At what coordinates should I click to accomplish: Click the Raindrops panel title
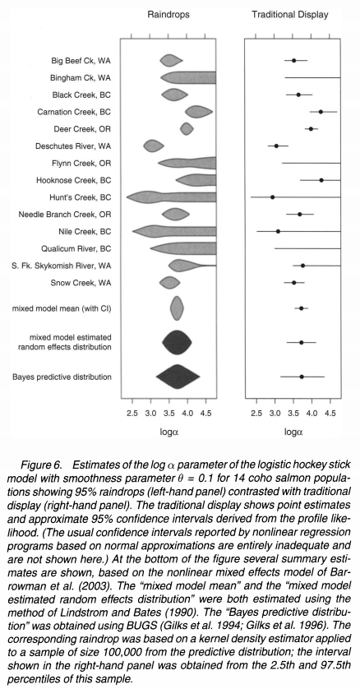coord(168,15)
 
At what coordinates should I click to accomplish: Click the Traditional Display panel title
coord(290,15)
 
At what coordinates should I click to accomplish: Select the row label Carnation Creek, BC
coord(74,112)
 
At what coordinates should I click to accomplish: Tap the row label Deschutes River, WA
coord(73,146)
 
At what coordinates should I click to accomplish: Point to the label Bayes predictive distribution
coord(62,377)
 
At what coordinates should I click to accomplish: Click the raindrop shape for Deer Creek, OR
coord(187,129)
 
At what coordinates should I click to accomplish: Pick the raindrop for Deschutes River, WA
coord(154,146)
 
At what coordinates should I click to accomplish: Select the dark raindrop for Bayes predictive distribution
coord(178,377)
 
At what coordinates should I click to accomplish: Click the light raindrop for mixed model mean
coord(177,308)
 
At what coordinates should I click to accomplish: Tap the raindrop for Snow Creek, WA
coord(169,283)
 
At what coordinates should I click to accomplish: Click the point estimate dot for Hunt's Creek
coord(273,197)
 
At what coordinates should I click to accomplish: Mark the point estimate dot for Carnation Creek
coord(321,112)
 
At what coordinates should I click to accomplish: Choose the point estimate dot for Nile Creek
coord(278,231)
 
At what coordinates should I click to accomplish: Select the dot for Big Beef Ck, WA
coord(294,60)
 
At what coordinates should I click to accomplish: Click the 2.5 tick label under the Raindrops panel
coord(132,414)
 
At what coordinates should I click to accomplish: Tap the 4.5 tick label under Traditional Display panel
coord(330,414)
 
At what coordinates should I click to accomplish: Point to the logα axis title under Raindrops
coord(169,432)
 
